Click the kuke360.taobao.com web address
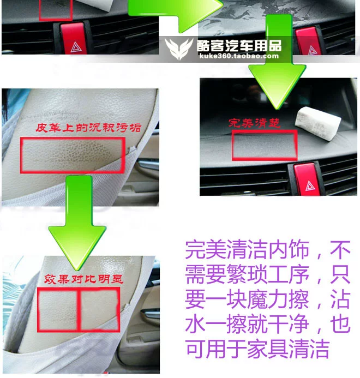[239, 56]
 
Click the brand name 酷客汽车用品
[239, 46]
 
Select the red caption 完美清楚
[254, 123]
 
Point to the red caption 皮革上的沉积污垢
[88, 128]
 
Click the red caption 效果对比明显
[83, 279]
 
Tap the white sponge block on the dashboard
[318, 123]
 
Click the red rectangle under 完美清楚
[265, 145]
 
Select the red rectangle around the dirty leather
[73, 155]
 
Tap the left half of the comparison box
[58, 309]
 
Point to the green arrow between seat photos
[77, 222]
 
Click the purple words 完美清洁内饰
[247, 249]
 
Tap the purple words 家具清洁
[288, 349]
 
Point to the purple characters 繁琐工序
[268, 274]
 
